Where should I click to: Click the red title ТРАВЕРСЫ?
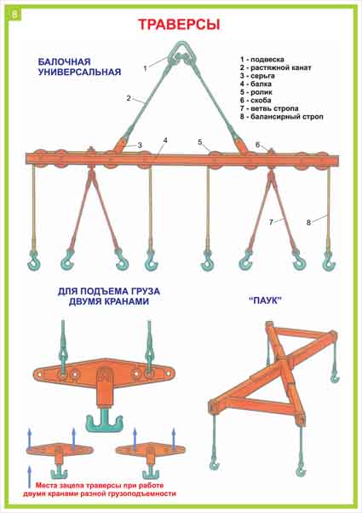tap(179, 25)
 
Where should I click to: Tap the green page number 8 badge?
tap(15, 15)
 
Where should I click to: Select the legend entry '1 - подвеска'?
tap(262, 60)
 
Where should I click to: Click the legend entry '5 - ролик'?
tap(256, 92)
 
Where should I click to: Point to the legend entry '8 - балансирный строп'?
tap(282, 116)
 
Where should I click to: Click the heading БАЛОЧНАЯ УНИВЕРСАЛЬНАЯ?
tap(79, 67)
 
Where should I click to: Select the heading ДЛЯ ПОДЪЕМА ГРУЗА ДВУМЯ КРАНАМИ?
tap(109, 296)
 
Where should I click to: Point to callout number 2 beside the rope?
tap(129, 98)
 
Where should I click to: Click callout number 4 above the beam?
tap(165, 141)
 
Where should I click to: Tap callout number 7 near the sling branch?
tap(271, 222)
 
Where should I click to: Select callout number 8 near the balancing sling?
tap(308, 223)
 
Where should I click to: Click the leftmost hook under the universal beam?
tap(33, 259)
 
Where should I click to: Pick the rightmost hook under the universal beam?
tap(328, 260)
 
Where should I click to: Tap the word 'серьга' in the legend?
tap(262, 76)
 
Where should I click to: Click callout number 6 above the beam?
tap(257, 144)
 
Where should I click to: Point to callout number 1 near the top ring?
tap(145, 68)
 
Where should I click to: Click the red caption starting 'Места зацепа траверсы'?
tap(100, 489)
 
